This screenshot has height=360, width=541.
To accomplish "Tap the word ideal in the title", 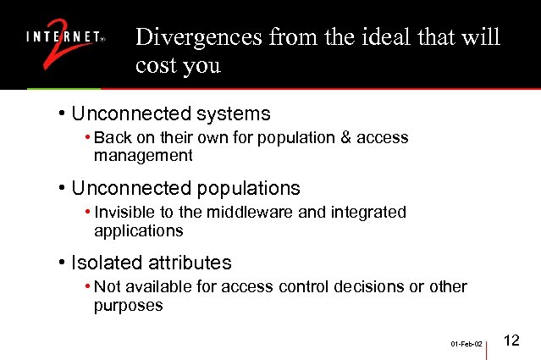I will pos(368,38).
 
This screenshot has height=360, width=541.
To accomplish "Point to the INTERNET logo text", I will pos(63,37).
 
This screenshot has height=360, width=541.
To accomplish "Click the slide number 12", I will pos(511,341).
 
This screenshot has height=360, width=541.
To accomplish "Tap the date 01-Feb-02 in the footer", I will pos(466,345).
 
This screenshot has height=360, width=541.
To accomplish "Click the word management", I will pos(143,156).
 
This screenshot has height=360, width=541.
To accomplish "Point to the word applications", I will pos(138,230).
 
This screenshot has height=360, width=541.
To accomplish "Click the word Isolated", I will pos(103,263).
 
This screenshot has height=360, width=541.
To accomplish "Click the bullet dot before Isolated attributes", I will pos(63,263).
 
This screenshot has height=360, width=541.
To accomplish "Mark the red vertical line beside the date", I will pos(489,345).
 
